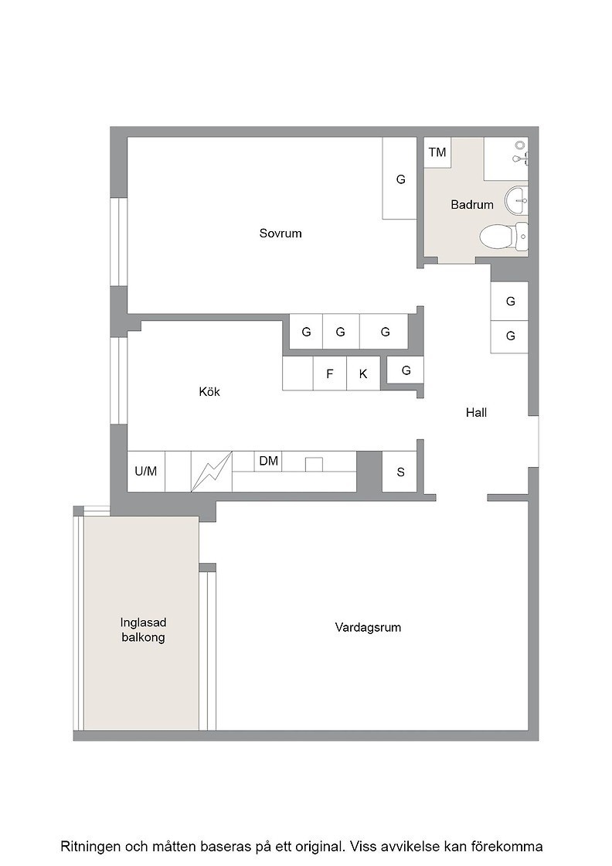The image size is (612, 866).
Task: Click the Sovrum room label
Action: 280,233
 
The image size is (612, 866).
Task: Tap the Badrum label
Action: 472,204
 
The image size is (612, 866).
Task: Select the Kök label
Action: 209,391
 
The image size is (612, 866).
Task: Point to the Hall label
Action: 476,412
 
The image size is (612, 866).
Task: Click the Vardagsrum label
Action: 368,627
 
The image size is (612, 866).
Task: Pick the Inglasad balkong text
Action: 143,629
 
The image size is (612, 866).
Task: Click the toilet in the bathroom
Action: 504,237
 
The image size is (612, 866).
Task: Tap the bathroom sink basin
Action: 516,200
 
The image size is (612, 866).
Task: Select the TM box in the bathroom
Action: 437,152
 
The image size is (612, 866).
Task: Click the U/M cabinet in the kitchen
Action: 146,471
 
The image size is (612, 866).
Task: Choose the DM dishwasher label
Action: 269,461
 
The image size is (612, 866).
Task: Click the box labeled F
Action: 329,374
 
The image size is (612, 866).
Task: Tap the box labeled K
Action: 363,374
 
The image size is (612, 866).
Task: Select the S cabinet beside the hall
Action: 400,471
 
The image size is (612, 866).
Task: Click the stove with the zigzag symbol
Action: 212,471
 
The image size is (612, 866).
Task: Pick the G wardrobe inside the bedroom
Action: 400,179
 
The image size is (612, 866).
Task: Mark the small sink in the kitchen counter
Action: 314,465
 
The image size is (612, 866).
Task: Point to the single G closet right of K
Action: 406,370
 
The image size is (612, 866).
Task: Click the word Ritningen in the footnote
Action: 90,846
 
